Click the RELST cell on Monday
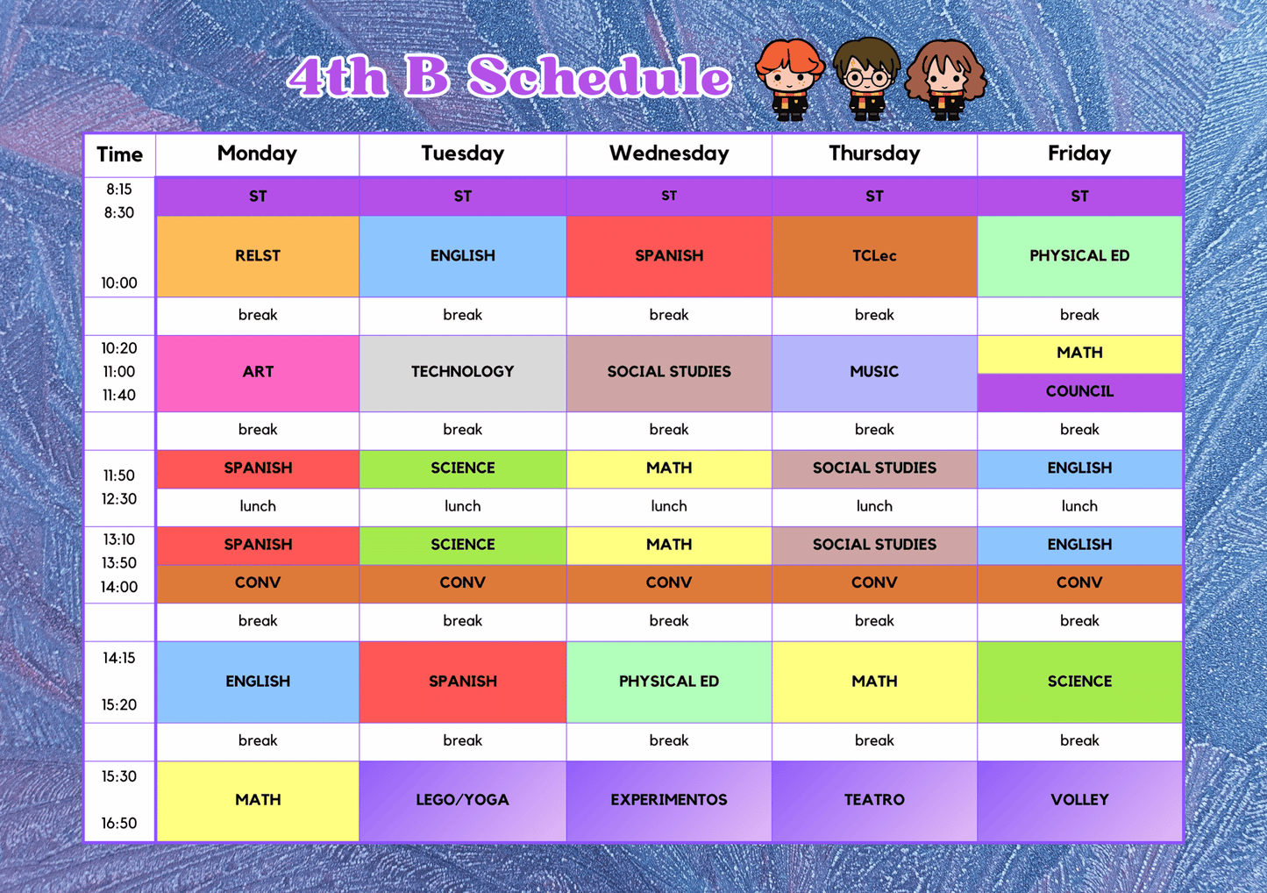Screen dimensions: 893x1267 coord(258,256)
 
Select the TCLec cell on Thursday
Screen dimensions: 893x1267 coord(874,256)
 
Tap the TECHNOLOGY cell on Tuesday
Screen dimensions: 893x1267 coord(462,372)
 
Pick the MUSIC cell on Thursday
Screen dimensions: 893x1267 coord(874,372)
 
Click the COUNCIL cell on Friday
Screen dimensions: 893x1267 coord(1079,391)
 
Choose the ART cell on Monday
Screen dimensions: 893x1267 coord(258,372)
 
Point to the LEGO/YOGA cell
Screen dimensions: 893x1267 coord(462,800)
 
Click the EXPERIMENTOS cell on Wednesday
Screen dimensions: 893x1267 coord(669,800)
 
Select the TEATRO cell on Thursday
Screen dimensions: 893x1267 coord(874,800)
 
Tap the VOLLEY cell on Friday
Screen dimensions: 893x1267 coord(1079,800)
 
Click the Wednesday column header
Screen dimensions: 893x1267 coord(669,154)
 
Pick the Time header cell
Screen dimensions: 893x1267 coord(119,155)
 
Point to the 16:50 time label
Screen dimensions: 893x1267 coord(119,823)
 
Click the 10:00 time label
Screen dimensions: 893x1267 coord(119,282)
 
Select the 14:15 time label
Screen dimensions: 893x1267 coord(119,658)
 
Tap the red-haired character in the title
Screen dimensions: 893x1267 coord(789,79)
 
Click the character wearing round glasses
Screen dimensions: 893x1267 coord(865,79)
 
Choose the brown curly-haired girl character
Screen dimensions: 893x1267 coord(945,79)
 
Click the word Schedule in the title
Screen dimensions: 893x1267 coord(599,77)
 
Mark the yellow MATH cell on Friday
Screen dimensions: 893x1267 coord(1079,353)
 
